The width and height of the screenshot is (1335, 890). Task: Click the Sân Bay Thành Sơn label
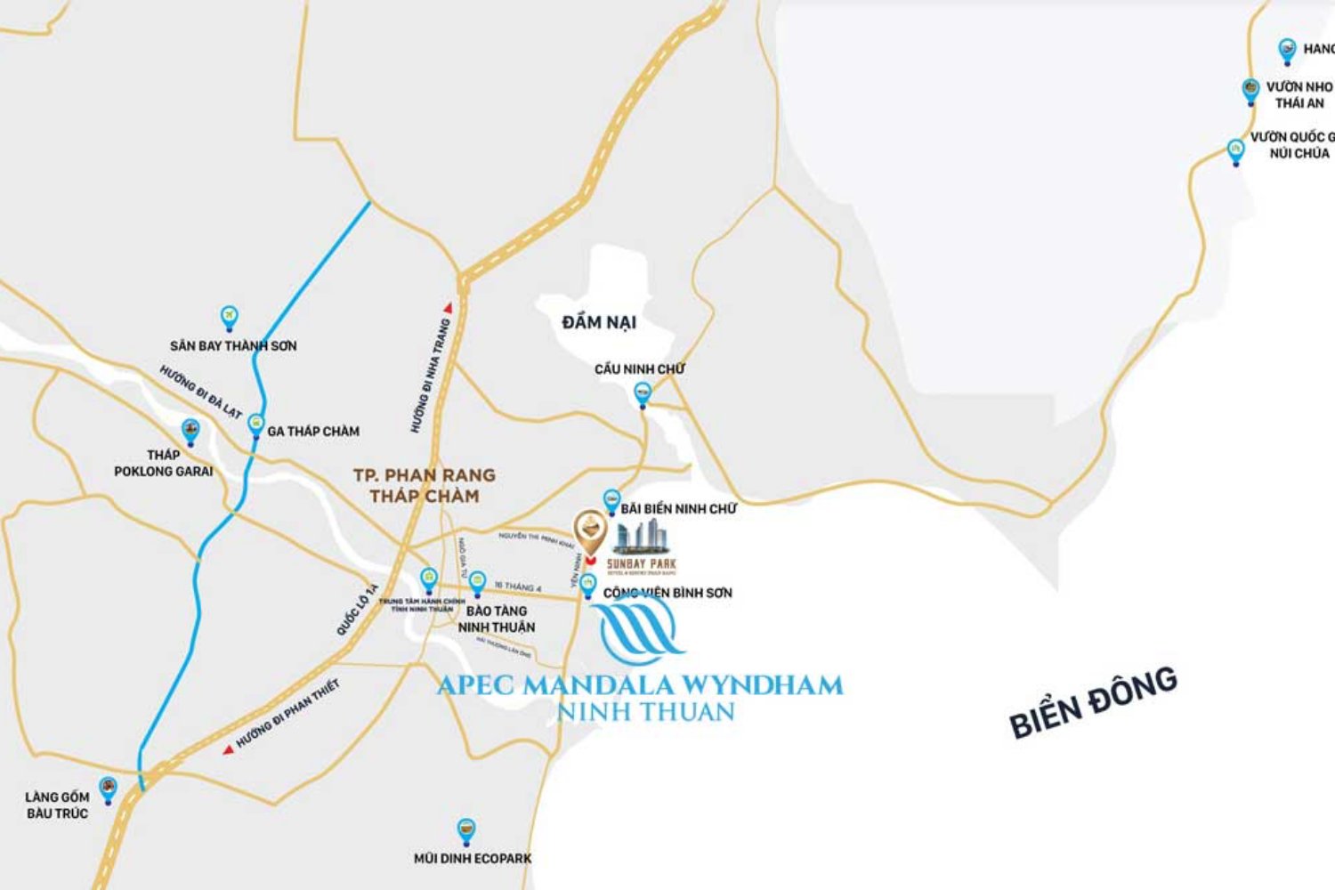point(233,346)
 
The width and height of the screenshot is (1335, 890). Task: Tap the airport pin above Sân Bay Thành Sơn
point(230,318)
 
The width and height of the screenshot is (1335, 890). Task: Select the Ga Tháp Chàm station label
point(313,432)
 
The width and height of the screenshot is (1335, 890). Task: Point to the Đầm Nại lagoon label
point(599,322)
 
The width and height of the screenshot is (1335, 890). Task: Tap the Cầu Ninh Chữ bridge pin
point(642,393)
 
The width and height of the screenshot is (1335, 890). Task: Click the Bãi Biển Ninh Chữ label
point(679,509)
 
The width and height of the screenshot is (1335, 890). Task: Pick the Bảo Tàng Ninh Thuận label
point(497,619)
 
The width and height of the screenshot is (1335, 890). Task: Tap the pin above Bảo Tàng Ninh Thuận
point(477,584)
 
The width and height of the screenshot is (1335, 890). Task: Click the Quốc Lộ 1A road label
point(358,609)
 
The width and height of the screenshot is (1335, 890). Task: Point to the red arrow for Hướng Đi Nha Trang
point(449,308)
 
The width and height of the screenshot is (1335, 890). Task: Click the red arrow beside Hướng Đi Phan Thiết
point(228,749)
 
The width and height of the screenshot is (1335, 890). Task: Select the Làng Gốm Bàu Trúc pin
point(109,789)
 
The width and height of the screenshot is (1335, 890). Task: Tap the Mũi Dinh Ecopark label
point(473,859)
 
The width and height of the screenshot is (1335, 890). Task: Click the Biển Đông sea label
point(1094,702)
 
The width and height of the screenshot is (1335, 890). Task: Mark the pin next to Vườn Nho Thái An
point(1250,91)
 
